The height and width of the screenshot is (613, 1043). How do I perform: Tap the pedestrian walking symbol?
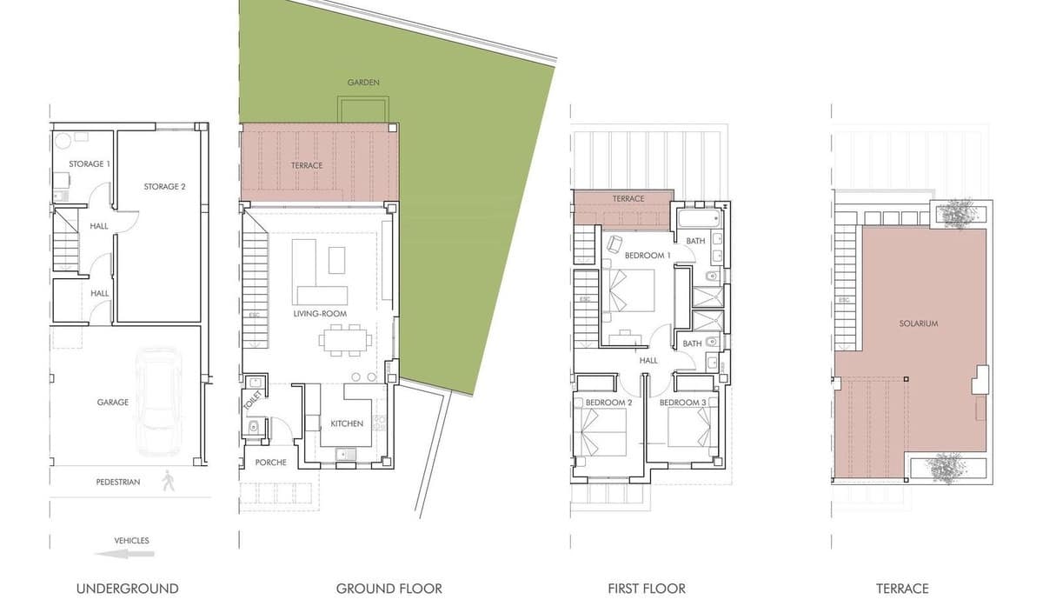click(x=167, y=481)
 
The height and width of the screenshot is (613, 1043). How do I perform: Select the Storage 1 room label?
click(x=90, y=164)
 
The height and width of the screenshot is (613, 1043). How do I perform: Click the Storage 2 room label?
click(x=164, y=186)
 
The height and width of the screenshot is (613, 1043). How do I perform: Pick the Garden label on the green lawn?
click(x=363, y=83)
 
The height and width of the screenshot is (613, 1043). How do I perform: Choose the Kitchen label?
click(x=347, y=423)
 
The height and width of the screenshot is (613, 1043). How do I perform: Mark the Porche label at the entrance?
click(x=270, y=463)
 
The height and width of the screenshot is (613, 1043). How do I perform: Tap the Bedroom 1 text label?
click(x=648, y=256)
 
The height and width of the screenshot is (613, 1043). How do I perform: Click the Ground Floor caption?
click(x=389, y=589)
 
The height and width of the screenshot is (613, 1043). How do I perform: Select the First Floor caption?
click(x=647, y=589)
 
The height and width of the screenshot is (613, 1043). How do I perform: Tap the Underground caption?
click(x=127, y=589)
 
